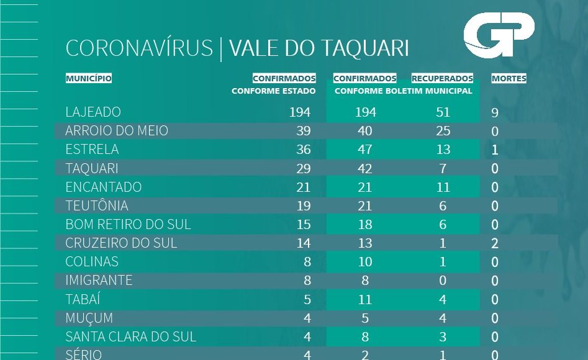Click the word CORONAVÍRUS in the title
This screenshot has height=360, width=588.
coord(139,48)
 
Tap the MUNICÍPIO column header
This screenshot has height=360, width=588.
coord(89,79)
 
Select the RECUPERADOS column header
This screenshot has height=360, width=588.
coord(442,79)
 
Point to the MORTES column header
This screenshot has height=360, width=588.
coord(509,79)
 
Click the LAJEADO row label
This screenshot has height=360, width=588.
coord(93,112)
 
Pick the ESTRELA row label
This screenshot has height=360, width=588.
coord(92,150)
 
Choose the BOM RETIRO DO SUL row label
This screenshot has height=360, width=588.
coord(128,224)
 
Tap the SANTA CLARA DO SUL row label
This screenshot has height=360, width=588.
coord(130,336)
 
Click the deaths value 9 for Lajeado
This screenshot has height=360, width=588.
coord(495,113)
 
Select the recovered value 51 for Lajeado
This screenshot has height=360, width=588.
coord(443,112)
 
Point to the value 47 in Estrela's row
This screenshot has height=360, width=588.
coord(365,150)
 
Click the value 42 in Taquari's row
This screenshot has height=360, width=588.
coord(365,168)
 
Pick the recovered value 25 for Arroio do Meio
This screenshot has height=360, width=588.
coord(443,131)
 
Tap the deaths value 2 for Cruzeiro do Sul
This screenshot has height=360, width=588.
coord(495,243)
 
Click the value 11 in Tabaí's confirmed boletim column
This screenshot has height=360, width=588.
coord(365,299)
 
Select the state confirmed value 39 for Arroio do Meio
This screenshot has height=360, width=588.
coord(303,131)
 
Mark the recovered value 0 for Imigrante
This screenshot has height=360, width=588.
coord(443,281)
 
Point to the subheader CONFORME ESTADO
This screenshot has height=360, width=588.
coord(273,91)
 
